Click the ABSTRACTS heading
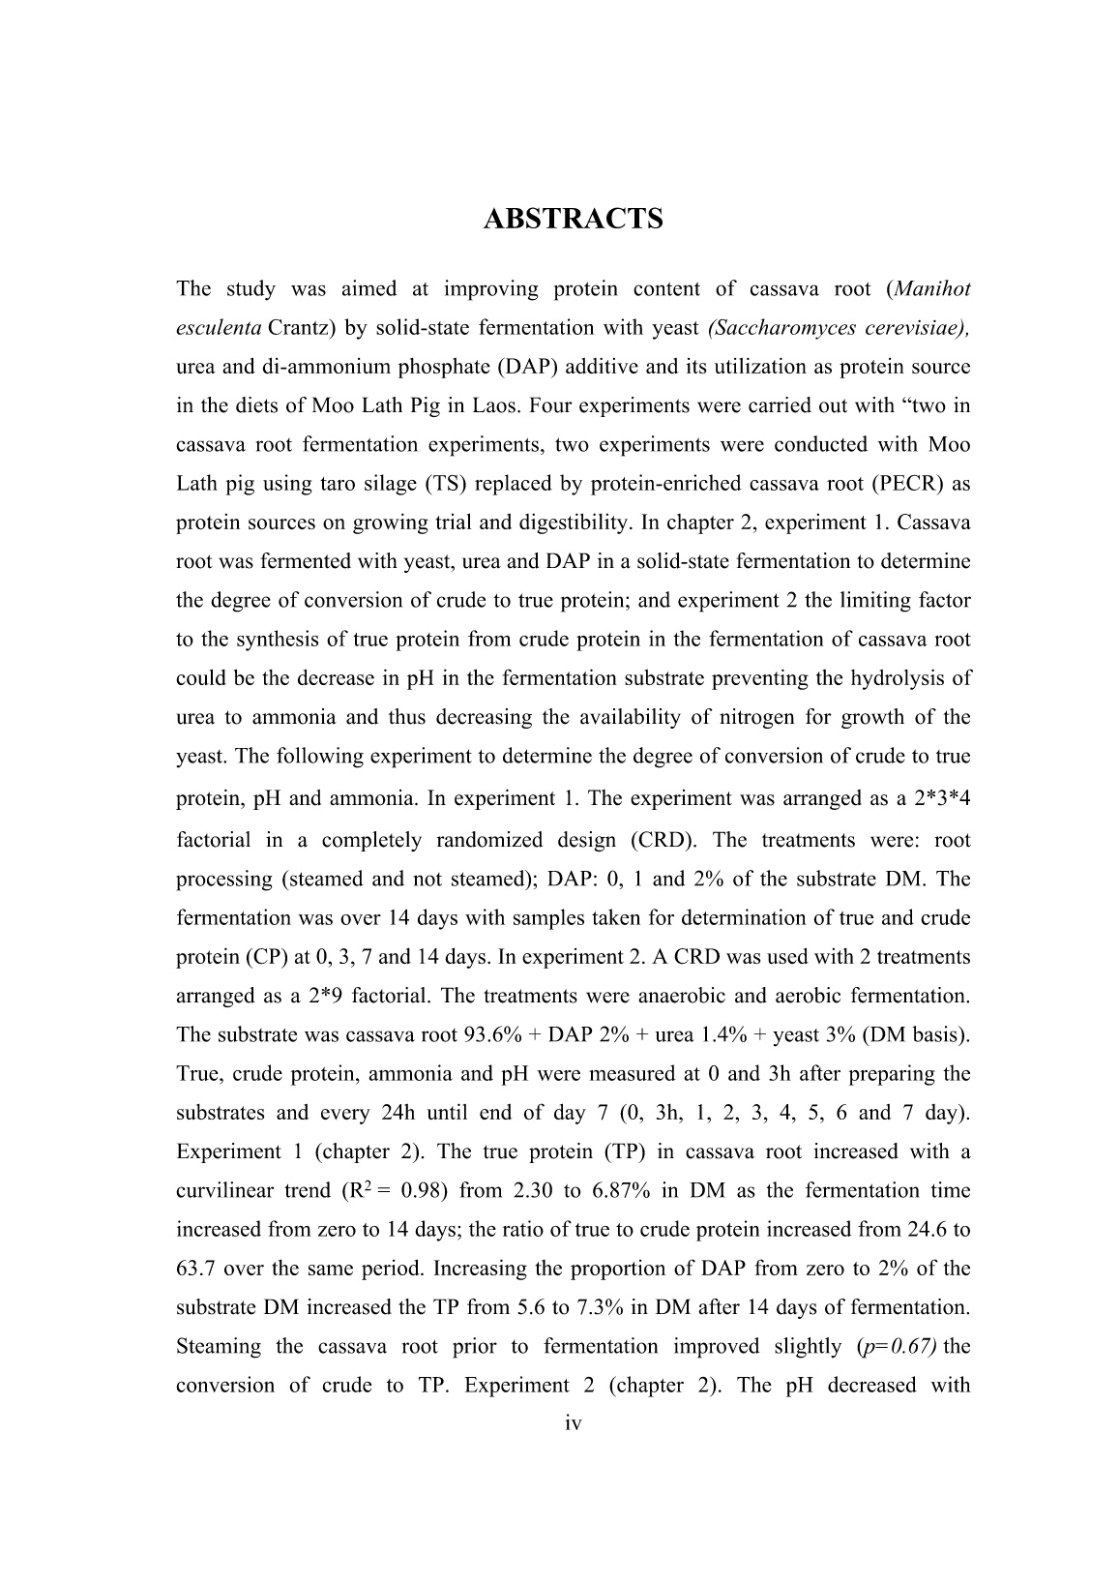point(573,219)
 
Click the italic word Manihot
point(932,288)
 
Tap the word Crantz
point(300,327)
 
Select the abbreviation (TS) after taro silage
point(443,483)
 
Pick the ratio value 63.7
point(196,1268)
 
